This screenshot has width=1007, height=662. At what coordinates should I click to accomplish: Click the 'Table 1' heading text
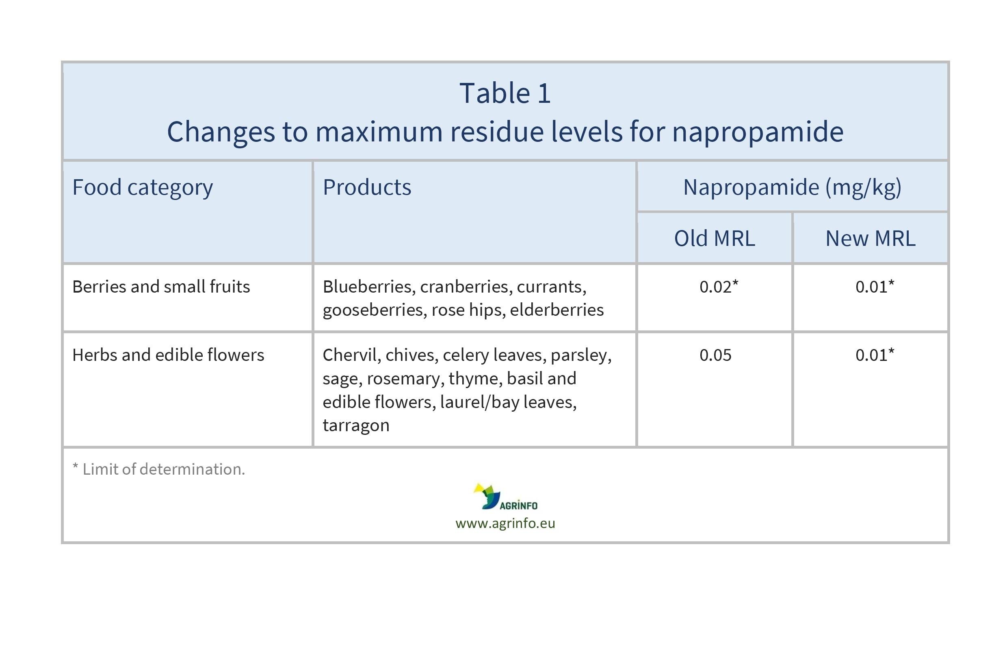point(505,93)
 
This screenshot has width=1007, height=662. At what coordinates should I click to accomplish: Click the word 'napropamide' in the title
point(757,132)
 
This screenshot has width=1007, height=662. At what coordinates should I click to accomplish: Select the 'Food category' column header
point(142,187)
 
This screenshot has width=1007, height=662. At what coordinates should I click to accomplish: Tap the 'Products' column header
point(366,187)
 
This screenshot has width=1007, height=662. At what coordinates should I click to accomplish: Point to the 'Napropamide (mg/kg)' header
point(792,187)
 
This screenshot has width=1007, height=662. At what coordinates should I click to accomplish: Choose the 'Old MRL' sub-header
point(714,238)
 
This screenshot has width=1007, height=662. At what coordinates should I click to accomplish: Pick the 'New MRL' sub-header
point(871,238)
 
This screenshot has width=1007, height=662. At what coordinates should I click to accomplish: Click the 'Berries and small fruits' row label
point(161,287)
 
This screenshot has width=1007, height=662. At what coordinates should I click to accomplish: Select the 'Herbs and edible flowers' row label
point(168,355)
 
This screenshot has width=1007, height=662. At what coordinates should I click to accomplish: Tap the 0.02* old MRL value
point(718,287)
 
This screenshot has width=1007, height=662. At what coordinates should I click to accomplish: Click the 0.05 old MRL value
point(715,355)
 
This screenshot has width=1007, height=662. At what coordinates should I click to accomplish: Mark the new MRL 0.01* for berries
point(874,287)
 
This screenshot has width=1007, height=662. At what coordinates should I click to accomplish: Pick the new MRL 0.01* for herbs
point(874,355)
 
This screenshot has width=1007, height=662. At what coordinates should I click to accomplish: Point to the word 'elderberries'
point(557,310)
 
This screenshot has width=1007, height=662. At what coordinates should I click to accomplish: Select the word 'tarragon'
point(355,425)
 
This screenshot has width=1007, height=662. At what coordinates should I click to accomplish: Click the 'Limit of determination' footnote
point(159,469)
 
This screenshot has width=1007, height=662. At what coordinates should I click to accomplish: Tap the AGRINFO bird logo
point(487,496)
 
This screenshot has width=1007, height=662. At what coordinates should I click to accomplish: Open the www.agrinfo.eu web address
point(505,523)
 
